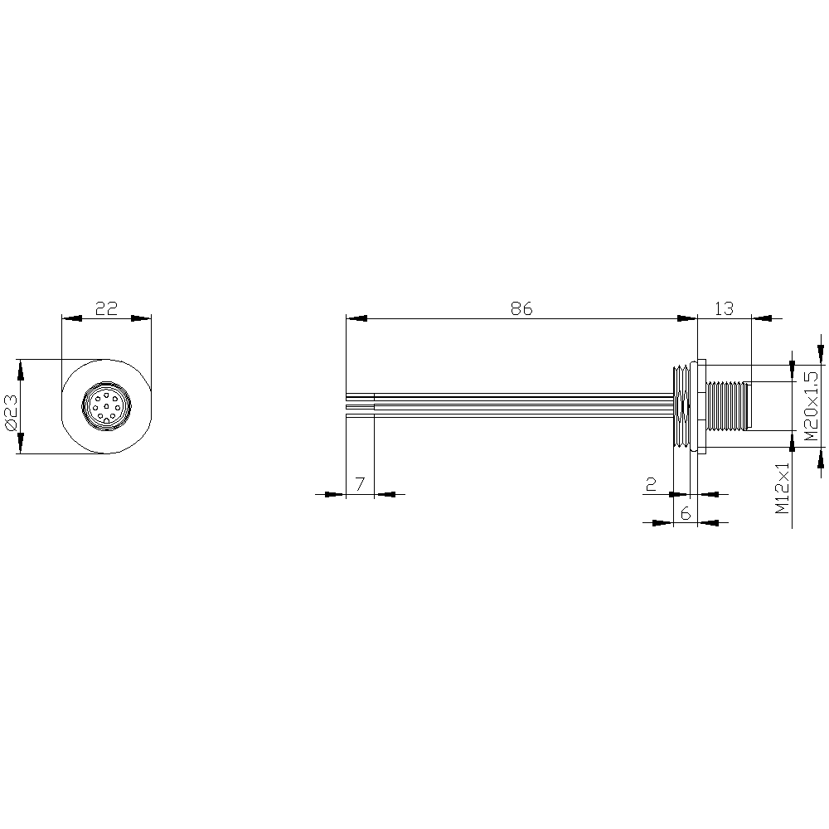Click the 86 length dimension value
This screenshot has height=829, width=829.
521,308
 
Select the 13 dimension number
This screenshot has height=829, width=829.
724,308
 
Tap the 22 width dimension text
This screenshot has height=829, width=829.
106,308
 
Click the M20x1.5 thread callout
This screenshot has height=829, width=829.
811,406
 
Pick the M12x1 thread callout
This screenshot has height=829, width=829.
782,488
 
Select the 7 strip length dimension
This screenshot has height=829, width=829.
360,484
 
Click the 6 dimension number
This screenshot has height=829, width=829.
686,513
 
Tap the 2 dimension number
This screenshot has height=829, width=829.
652,484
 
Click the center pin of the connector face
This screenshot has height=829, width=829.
106,406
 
